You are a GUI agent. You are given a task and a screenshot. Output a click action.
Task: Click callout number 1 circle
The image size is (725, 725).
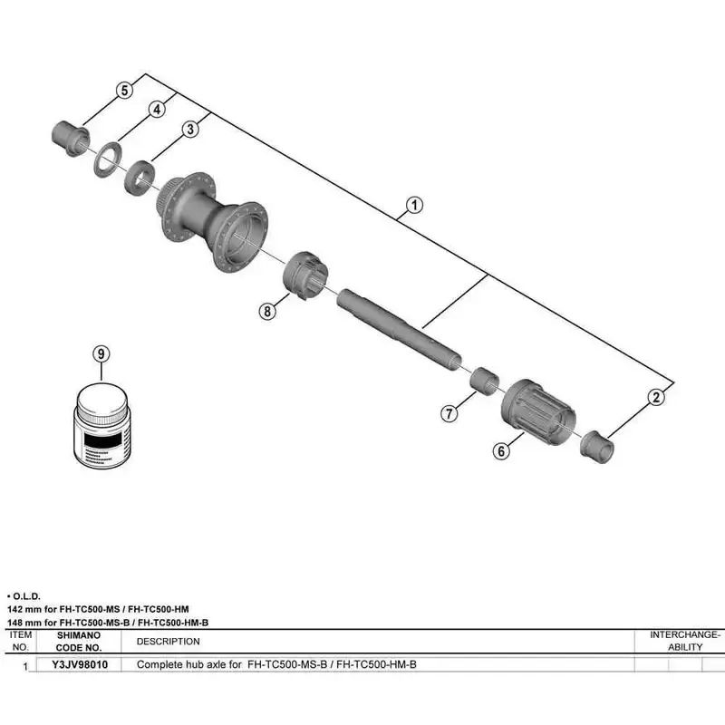point(413,204)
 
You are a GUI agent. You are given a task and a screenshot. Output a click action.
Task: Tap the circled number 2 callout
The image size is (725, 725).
point(657,396)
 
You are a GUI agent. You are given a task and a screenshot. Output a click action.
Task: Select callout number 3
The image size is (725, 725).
point(189,130)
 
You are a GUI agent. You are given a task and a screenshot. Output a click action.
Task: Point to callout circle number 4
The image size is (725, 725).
point(157,110)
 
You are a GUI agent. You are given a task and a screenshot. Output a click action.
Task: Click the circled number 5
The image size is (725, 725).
point(125,90)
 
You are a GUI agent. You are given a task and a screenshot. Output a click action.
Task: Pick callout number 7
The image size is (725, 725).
point(449,413)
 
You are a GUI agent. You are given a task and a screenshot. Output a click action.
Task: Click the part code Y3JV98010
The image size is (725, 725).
point(81,664)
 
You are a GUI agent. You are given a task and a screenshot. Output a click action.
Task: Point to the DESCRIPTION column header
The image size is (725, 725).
point(168,641)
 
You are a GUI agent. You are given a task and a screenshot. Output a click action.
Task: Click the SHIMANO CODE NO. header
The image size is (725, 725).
point(81,641)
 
